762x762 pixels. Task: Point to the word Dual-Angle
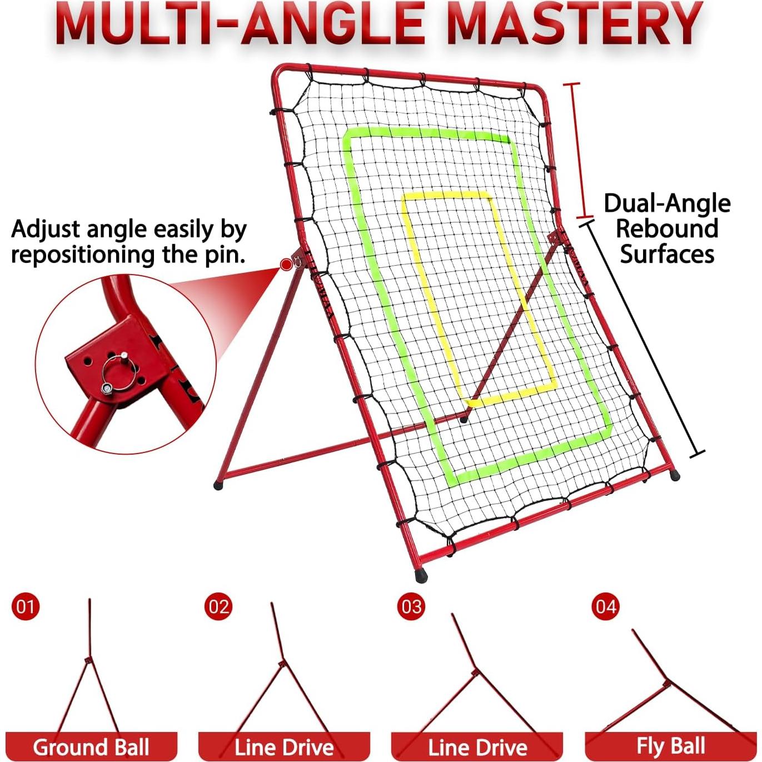click(x=667, y=204)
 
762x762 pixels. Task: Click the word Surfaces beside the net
click(x=667, y=253)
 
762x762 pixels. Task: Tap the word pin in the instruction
click(x=224, y=255)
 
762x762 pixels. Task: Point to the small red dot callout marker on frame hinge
click(x=285, y=265)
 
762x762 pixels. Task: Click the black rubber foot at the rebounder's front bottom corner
click(x=421, y=575)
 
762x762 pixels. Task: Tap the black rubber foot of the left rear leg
click(x=218, y=485)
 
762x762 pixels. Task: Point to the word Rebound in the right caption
click(x=667, y=228)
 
